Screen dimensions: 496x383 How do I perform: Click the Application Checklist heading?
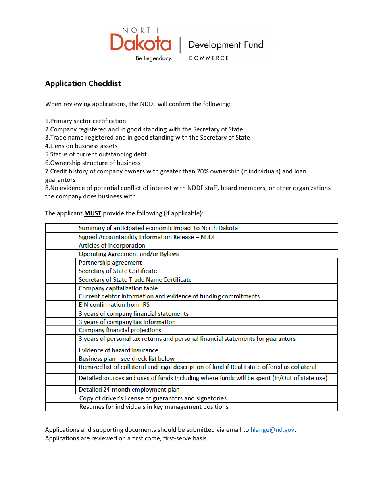click(83, 84)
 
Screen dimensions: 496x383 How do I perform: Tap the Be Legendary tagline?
click(154, 58)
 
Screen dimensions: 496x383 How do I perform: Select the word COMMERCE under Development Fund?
click(208, 58)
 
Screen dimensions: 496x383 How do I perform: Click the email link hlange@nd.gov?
click(273, 430)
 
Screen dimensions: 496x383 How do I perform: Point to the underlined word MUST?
click(93, 213)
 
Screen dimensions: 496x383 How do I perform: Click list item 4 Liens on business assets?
click(81, 146)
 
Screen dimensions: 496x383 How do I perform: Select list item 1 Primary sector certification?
click(85, 121)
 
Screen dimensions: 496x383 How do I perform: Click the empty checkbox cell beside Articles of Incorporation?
click(60, 245)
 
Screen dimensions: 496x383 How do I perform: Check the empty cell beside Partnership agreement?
click(60, 263)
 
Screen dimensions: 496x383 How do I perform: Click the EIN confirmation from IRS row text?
click(114, 305)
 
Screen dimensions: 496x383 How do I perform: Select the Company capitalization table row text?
click(118, 288)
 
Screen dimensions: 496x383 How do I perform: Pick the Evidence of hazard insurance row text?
click(118, 350)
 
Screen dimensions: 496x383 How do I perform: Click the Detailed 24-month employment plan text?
click(129, 390)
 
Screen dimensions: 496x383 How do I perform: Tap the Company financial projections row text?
click(120, 330)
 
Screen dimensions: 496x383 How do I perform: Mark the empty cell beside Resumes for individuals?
click(60, 407)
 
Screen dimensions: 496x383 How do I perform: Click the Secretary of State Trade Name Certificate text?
click(135, 280)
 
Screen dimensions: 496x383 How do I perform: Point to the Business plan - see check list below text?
click(127, 358)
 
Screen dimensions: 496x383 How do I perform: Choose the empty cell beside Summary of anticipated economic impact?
click(60, 228)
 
